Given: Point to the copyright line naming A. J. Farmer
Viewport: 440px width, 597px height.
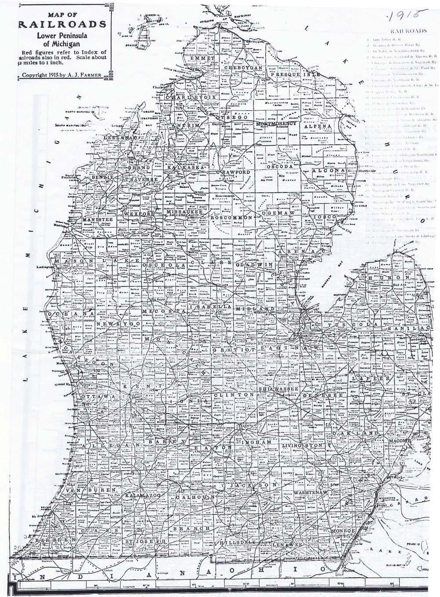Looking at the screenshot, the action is coord(62,74).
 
